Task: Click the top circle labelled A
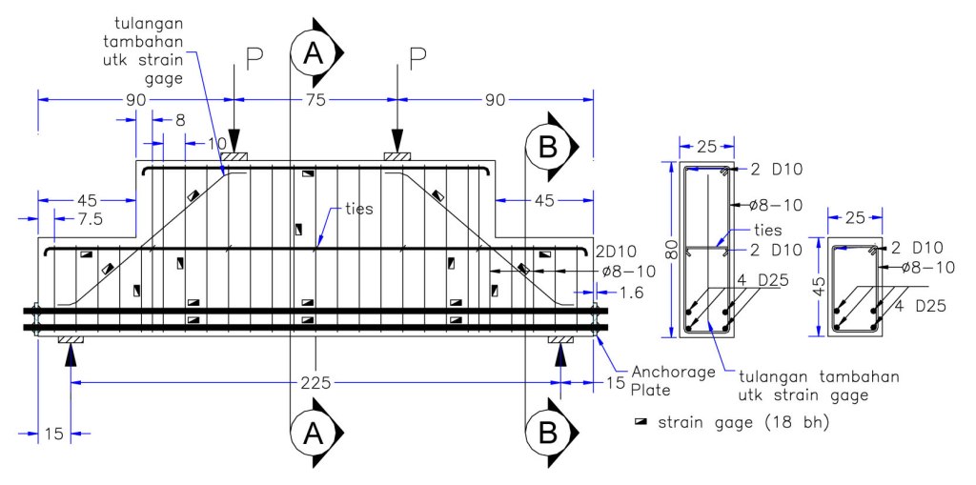pos(313,53)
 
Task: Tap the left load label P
pos(254,59)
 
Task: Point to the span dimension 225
pos(315,383)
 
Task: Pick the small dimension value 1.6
pos(631,293)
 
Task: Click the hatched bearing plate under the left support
pos(71,339)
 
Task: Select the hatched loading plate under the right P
pos(397,156)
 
